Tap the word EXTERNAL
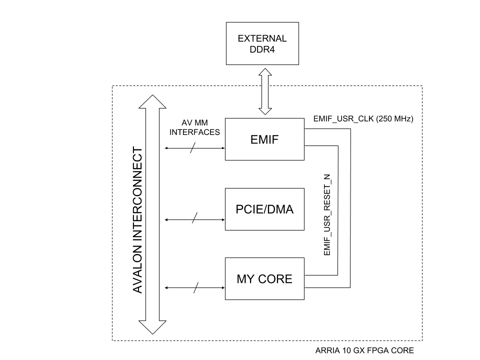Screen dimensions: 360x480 (x=262, y=38)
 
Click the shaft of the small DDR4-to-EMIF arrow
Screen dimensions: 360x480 (x=265, y=91)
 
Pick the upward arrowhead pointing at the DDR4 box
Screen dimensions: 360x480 (x=265, y=72)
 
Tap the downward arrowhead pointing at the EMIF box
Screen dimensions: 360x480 (x=265, y=111)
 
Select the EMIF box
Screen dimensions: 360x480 (x=264, y=150)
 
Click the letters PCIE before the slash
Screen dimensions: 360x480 (x=248, y=209)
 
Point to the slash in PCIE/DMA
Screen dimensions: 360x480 (x=264, y=209)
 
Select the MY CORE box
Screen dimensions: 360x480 (x=264, y=290)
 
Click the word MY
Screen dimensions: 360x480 (x=244, y=279)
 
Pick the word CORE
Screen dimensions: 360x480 (x=274, y=279)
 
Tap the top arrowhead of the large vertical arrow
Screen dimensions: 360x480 (x=152, y=101)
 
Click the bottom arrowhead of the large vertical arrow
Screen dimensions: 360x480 (x=152, y=327)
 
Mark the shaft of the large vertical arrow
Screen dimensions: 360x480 (x=152, y=215)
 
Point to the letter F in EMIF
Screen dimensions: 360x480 (x=275, y=139)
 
